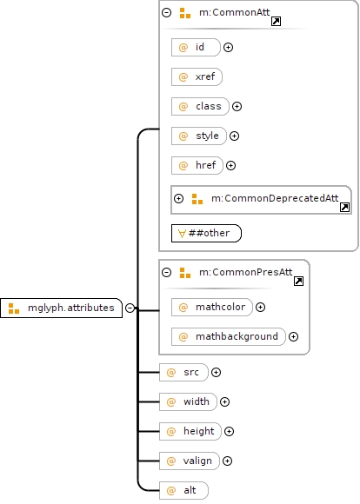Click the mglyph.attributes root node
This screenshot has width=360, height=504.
coord(61,308)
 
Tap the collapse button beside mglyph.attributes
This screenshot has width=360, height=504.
coord(130,308)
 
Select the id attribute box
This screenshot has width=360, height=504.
coord(196,47)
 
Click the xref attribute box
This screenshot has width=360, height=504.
coord(197,76)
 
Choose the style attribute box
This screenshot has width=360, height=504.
coord(199,136)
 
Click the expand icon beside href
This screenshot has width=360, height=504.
coord(230,165)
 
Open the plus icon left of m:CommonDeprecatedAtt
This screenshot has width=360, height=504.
coord(178,199)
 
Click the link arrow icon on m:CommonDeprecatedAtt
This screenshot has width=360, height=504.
coord(344,208)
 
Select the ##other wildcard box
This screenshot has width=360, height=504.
coord(206,234)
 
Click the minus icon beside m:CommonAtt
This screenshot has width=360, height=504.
coord(166,12)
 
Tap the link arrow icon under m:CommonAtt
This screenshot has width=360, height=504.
coord(276,22)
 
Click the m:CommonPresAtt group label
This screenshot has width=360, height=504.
coord(245,272)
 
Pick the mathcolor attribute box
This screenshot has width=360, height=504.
coord(212,308)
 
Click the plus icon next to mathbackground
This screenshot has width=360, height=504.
coord(293,337)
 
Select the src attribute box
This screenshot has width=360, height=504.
coord(183,372)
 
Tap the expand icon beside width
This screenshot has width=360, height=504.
coord(224,401)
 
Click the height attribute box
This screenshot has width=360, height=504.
coord(190,431)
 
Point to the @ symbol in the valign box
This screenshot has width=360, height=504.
coord(171,461)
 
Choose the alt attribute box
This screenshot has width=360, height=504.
coord(183,490)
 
